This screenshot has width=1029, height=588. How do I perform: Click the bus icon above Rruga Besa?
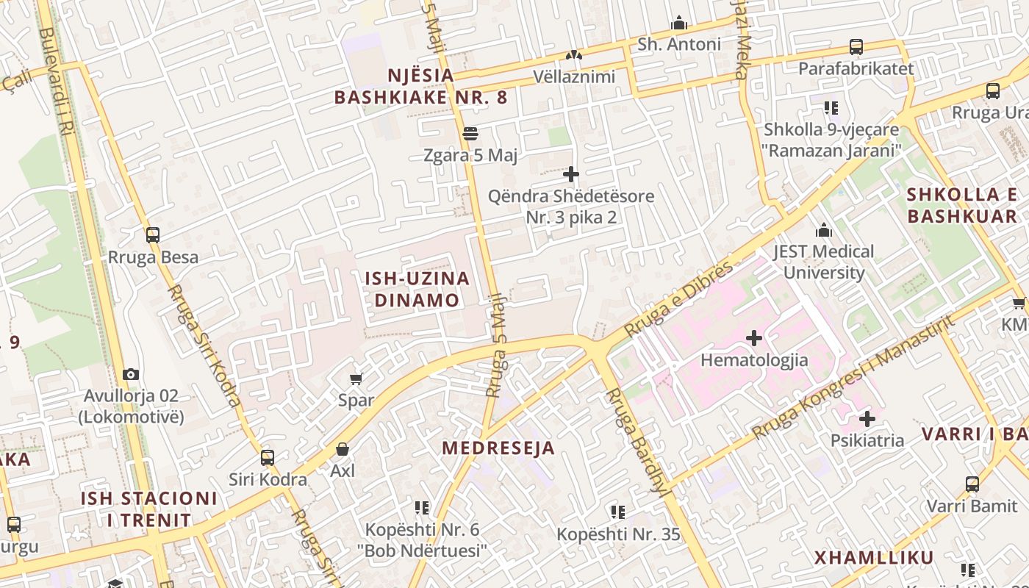pyautogui.click(x=153, y=235)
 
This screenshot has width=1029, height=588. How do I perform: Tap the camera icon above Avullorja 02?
pyautogui.click(x=131, y=374)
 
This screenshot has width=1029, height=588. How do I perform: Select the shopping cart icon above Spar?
pyautogui.click(x=356, y=379)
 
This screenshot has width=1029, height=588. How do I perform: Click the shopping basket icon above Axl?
pyautogui.click(x=342, y=448)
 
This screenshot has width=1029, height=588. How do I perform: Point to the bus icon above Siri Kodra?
pyautogui.click(x=268, y=457)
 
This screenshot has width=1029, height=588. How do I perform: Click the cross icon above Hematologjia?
pyautogui.click(x=754, y=338)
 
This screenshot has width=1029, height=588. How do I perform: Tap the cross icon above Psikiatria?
pyautogui.click(x=867, y=419)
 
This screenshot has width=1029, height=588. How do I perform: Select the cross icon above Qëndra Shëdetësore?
pyautogui.click(x=571, y=174)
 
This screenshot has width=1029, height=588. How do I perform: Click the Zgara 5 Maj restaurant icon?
pyautogui.click(x=470, y=134)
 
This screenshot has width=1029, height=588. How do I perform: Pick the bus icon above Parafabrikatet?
pyautogui.click(x=856, y=46)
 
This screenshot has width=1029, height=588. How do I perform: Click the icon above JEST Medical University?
pyautogui.click(x=823, y=230)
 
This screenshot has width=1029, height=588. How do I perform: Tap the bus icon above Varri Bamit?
pyautogui.click(x=972, y=484)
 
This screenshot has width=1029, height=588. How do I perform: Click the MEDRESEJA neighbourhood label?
pyautogui.click(x=498, y=448)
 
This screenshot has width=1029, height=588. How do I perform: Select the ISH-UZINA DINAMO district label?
pyautogui.click(x=417, y=289)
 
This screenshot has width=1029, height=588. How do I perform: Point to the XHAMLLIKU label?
pyautogui.click(x=874, y=557)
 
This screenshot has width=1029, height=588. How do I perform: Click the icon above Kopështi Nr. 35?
pyautogui.click(x=618, y=512)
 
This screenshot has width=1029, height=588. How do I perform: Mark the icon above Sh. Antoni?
pyautogui.click(x=679, y=23)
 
